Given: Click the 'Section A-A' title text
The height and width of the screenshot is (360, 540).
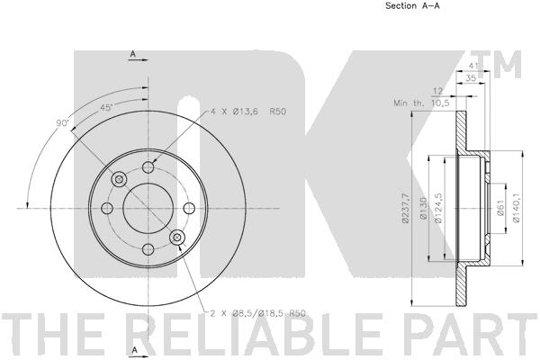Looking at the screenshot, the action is [x=412, y=5].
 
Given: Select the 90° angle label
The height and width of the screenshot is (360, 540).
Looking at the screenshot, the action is [x=63, y=123].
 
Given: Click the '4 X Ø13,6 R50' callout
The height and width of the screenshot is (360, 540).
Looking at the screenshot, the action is [x=248, y=112].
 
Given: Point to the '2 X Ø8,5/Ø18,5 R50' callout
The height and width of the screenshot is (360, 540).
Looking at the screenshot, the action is [x=258, y=313].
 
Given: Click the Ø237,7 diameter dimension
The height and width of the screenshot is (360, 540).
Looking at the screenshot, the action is [x=405, y=209].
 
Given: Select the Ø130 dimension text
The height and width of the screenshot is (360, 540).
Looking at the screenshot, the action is [x=423, y=209].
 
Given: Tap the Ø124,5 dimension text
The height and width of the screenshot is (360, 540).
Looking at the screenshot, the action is [x=438, y=209].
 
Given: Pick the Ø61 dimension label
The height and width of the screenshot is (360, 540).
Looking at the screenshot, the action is [x=500, y=208].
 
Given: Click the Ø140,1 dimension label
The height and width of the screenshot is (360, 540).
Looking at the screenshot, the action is [x=516, y=208].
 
